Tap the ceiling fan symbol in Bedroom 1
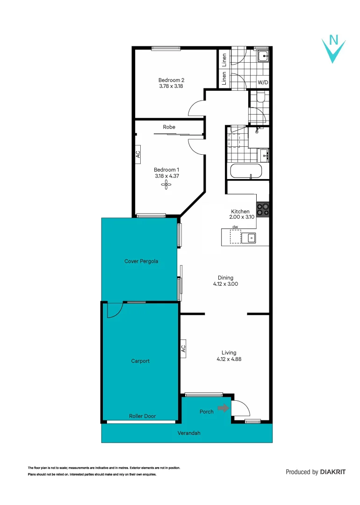tap(166, 185)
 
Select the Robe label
tap(169, 127)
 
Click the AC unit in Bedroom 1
tap(138, 154)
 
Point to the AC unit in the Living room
tap(183, 348)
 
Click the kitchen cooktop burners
tap(263, 209)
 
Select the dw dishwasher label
tap(235, 227)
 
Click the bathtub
tap(246, 171)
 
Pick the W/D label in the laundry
tap(263, 82)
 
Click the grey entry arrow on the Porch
tap(223, 408)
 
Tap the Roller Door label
tap(142, 416)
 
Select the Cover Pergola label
tap(141, 261)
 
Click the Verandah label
tap(189, 433)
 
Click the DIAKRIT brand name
tap(332, 472)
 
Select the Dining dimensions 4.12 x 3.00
tap(225, 284)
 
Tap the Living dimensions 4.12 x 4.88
tap(229, 359)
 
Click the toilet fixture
tap(260, 97)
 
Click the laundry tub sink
tap(263, 57)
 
